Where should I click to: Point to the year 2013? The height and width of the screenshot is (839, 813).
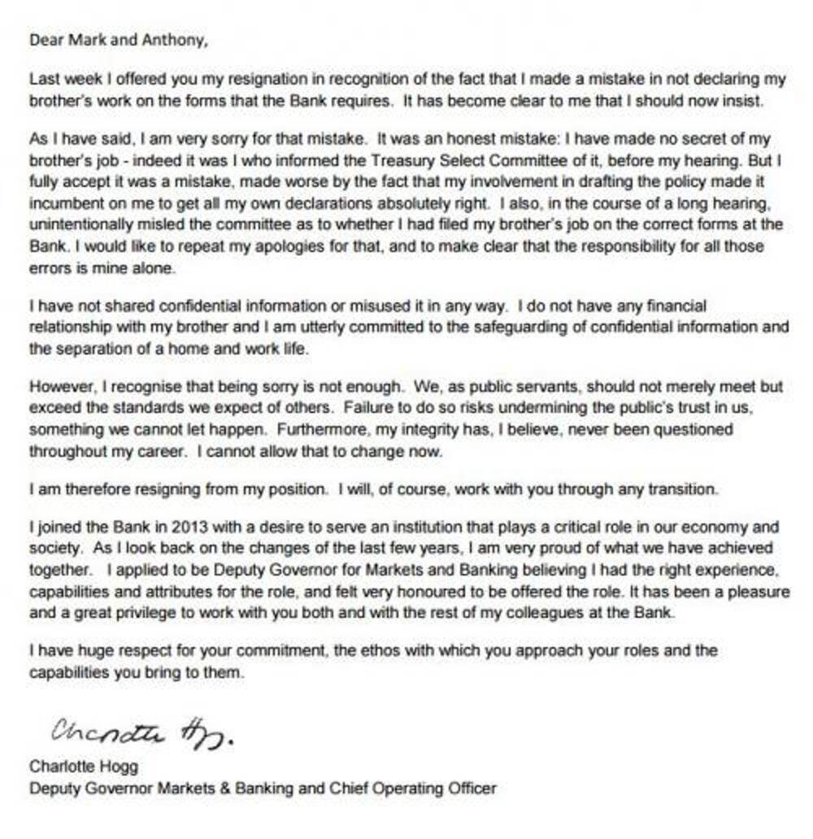point(159,526)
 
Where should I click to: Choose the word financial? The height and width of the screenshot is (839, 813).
point(673,306)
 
